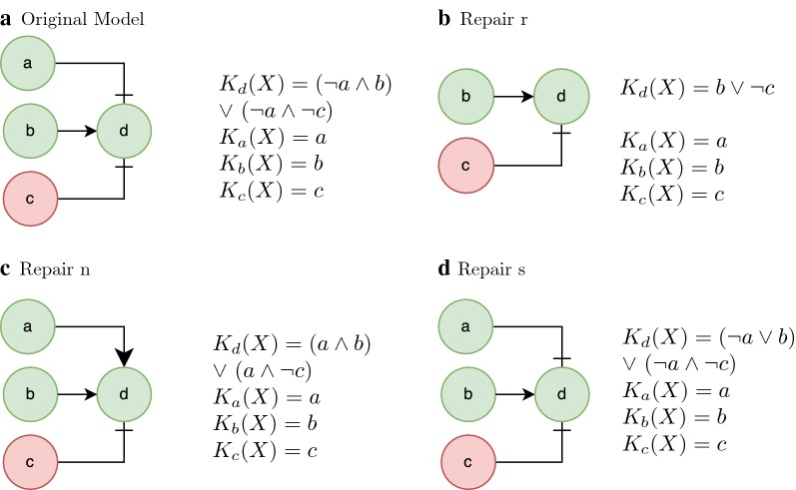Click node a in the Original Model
coord(28,63)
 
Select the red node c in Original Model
coord(30,199)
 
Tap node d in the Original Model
coord(124,131)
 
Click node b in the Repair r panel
coord(466,96)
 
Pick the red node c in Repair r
coord(466,166)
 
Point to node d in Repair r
coord(561,96)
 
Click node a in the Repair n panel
coord(28,326)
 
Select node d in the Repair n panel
coord(124,394)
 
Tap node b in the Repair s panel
coord(468,394)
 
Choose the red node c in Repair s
coord(468,462)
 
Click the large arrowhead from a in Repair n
coord(124,357)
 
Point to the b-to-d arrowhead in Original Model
coord(90,131)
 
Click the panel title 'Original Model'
coord(83,19)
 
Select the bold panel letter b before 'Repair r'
coord(444,19)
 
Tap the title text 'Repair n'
coord(55,268)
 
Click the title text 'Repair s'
coord(491,268)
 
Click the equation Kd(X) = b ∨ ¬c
coord(697,88)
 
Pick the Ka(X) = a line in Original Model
coord(273,138)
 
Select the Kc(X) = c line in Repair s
coord(675,444)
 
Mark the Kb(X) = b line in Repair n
coord(265,423)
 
